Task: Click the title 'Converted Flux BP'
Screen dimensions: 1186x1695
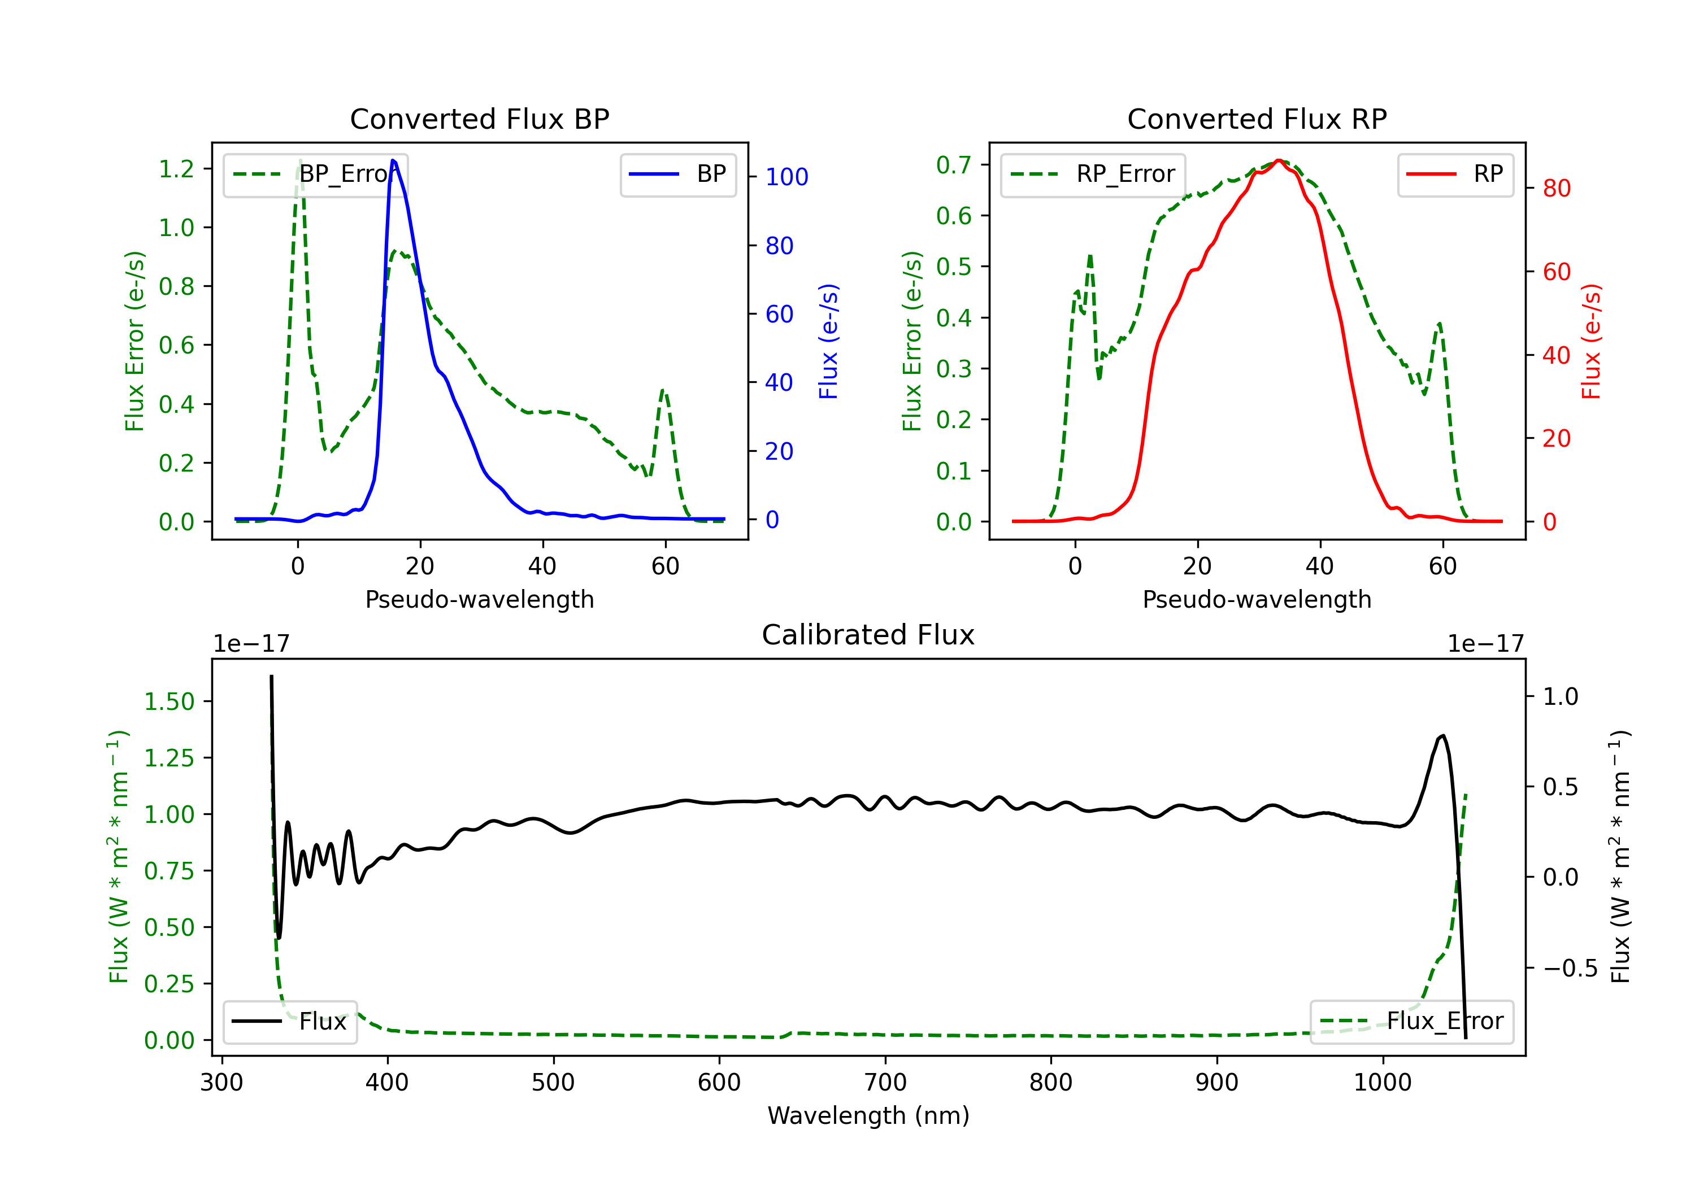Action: click(479, 119)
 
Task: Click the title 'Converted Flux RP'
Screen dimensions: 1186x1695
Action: click(1257, 119)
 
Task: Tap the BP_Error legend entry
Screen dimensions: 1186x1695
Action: click(316, 174)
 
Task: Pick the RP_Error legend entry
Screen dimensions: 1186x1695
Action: click(1093, 174)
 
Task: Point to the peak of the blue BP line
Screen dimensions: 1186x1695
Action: click(393, 160)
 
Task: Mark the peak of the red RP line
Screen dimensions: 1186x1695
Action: click(1279, 160)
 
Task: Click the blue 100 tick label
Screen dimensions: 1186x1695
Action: click(786, 177)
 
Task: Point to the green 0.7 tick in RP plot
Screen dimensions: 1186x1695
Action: click(954, 164)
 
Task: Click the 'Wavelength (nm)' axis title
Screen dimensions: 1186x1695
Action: click(868, 1115)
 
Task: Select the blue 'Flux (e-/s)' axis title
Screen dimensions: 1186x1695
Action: click(828, 341)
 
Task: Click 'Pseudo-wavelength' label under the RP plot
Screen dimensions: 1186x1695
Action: click(1257, 599)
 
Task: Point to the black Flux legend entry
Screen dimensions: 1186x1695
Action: click(290, 1022)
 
